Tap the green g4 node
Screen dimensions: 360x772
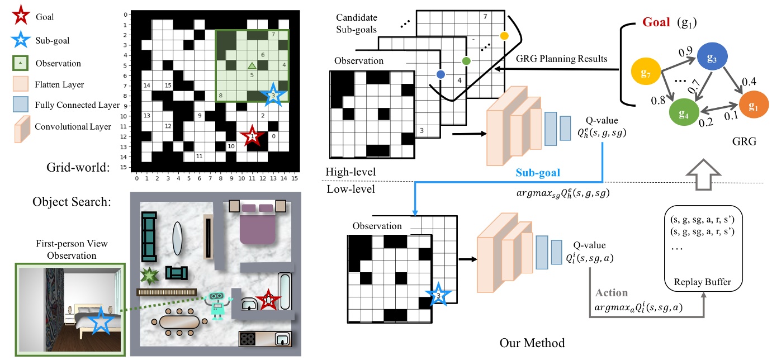[685, 113]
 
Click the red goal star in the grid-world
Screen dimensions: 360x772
[252, 135]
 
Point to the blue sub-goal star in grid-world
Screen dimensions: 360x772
[273, 95]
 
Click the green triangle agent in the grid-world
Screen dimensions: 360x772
[252, 65]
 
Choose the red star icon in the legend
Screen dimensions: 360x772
[20, 17]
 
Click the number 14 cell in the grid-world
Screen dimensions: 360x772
[147, 86]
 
